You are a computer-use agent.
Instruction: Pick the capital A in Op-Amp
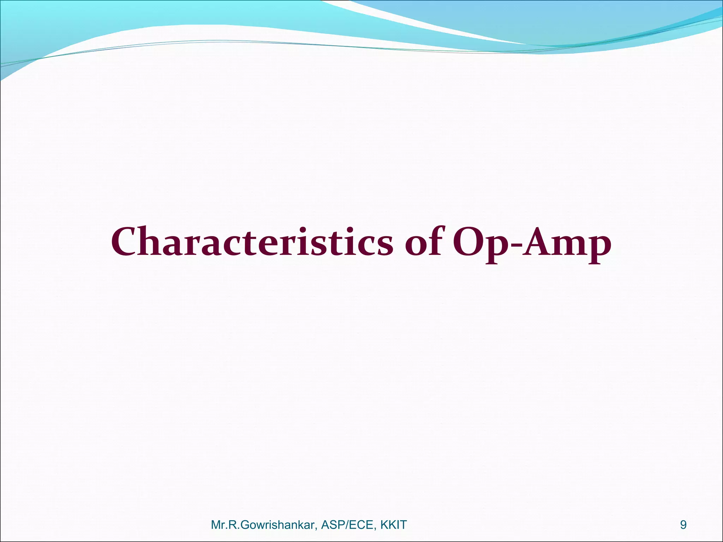tap(539, 242)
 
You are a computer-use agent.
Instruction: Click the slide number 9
tap(683, 525)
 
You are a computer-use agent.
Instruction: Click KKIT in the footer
tap(394, 525)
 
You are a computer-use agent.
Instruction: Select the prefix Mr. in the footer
tap(218, 525)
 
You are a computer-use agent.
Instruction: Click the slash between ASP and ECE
tap(349, 525)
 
